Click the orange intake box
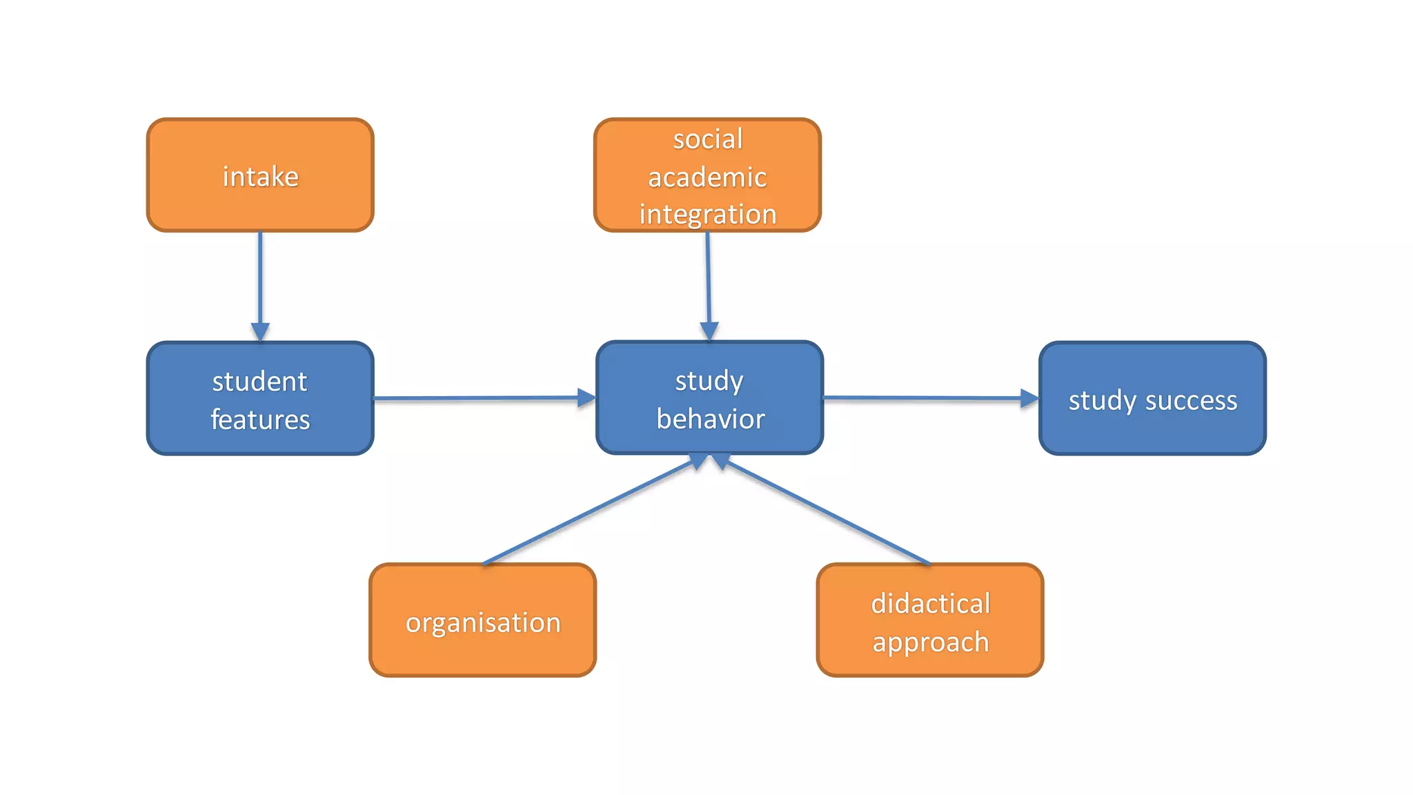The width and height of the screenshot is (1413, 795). [x=260, y=175]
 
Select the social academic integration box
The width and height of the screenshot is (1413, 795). [x=707, y=175]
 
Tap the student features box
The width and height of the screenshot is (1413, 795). [x=260, y=399]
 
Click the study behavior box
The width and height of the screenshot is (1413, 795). [x=709, y=398]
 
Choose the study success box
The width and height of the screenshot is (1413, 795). [x=1152, y=399]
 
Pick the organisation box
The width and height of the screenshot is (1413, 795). [x=482, y=620]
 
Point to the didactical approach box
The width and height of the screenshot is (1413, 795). [x=930, y=620]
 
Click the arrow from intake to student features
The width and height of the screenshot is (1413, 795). [x=260, y=283]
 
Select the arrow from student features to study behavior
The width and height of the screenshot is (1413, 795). [x=483, y=398]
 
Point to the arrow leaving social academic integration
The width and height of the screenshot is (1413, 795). [x=708, y=283]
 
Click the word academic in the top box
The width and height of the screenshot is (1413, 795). [x=707, y=177]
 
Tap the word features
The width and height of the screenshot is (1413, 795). [x=260, y=420]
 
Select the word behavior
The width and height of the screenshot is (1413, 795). [x=711, y=419]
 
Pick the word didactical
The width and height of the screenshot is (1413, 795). [x=930, y=604]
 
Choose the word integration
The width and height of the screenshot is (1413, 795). [x=708, y=215]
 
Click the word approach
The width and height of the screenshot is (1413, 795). [x=930, y=642]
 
